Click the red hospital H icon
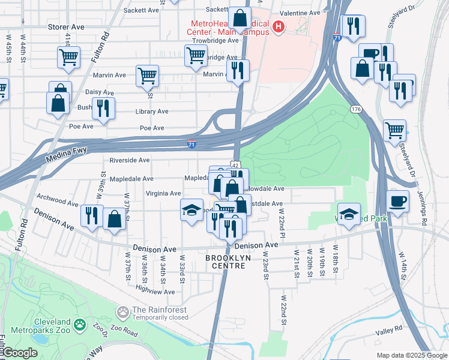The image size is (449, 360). point(278,26)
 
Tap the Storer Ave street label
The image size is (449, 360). point(65,27)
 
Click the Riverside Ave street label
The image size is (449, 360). point(129,160)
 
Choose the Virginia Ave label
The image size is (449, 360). point(163,194)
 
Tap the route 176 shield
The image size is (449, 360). point(356,109)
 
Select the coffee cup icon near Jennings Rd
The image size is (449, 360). point(397,201)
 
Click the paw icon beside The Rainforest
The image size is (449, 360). point(123,312)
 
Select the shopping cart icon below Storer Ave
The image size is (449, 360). point(68,58)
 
